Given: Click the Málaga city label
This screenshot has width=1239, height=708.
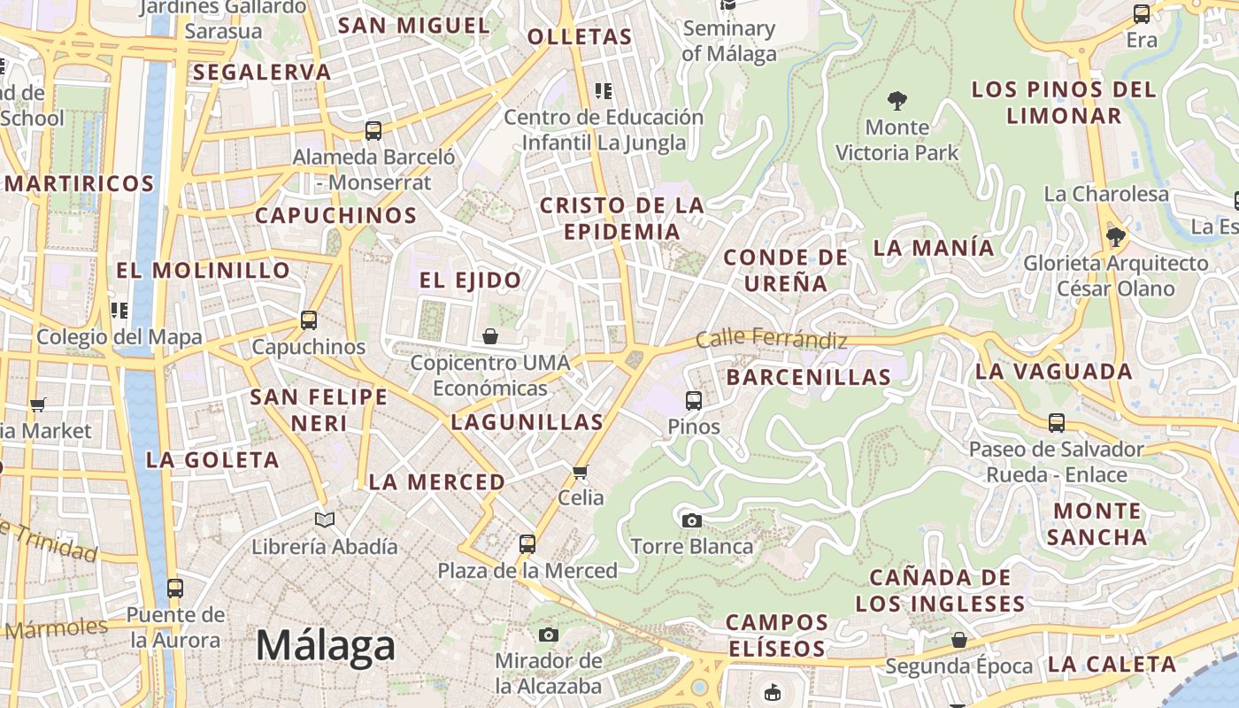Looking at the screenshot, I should point(325,646).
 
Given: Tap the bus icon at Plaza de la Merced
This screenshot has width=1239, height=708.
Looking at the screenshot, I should point(527,543).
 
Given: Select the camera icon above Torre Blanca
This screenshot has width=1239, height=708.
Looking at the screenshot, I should point(692,520).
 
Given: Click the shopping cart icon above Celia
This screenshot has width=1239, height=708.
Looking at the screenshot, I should point(581,471).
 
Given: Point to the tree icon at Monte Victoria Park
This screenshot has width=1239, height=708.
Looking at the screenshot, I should point(897,101).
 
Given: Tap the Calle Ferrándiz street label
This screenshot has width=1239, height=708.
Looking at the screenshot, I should point(772,338).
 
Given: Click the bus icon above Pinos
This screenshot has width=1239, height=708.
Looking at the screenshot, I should point(694,400).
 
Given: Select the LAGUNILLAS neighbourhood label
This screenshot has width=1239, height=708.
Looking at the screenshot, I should point(527,422).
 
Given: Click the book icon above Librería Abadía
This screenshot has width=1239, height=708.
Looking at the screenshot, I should point(325,520).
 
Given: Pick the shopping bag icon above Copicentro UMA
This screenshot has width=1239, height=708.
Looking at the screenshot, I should point(489,336).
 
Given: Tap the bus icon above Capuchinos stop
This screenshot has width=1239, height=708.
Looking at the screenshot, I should point(308,320).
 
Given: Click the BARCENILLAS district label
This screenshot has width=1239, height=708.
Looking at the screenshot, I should point(809,377).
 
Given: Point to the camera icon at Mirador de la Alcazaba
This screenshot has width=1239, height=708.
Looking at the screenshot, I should point(549,635).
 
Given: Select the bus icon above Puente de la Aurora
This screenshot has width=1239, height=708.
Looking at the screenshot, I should point(175,588).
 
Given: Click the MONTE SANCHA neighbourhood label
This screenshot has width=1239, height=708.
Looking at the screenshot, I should point(1097,524).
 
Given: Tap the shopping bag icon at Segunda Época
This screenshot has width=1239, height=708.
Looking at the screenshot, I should point(958,640).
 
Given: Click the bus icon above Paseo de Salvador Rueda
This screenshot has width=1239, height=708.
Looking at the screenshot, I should point(1056,423).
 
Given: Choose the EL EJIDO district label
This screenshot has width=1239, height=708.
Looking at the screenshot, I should point(470,281).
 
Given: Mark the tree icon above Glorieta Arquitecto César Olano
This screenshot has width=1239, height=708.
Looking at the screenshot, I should point(1115,236).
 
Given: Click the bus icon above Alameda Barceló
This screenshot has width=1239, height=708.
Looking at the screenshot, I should point(373,131).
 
